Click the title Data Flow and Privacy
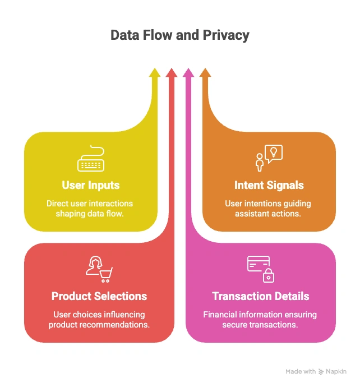(x=179, y=35)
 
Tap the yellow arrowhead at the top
(x=154, y=73)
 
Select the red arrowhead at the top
(x=171, y=73)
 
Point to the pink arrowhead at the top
(x=188, y=73)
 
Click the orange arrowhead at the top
(x=205, y=73)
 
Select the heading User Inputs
(x=91, y=185)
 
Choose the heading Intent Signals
(x=269, y=185)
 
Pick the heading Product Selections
(x=99, y=296)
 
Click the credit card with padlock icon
(x=261, y=268)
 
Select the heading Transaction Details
(x=261, y=296)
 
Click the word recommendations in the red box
(x=116, y=325)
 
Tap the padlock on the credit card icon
(x=269, y=276)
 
